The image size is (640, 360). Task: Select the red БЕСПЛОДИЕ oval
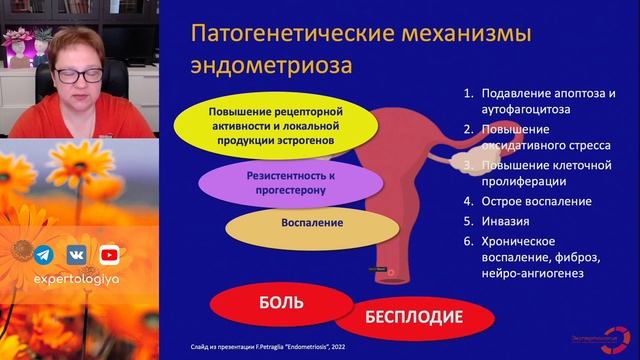click(x=412, y=318)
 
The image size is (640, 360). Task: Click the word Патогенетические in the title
click(x=287, y=33)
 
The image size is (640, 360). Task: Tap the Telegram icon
click(x=44, y=254)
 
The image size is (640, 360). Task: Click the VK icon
click(x=77, y=254)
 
